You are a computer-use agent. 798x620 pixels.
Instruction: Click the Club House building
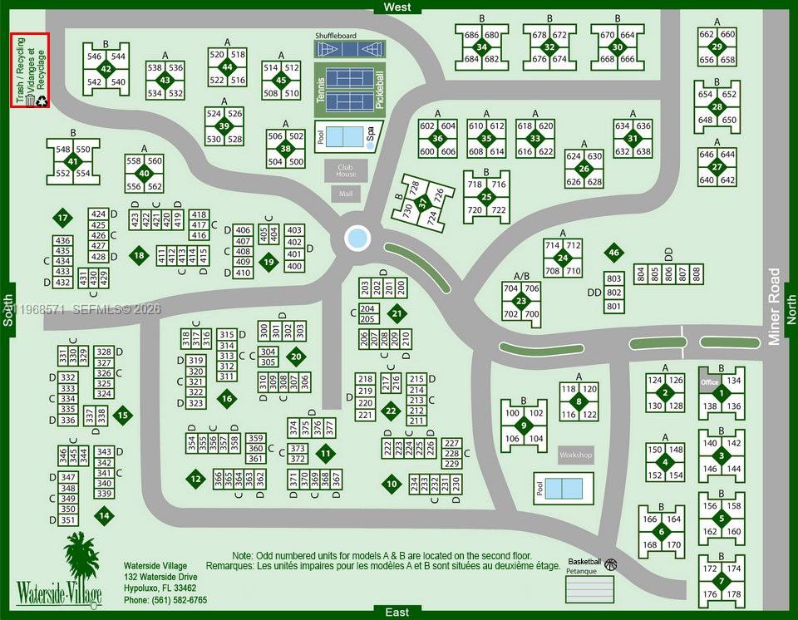tap(346, 170)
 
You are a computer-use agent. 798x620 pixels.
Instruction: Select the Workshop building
tap(575, 455)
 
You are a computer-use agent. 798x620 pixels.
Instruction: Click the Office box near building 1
tap(709, 382)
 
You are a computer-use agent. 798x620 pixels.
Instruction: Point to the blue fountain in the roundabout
tap(357, 239)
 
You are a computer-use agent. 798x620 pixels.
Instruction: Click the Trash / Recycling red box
tap(30, 71)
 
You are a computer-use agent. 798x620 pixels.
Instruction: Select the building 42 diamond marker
tap(106, 69)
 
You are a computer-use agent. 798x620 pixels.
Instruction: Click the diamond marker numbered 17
tap(63, 219)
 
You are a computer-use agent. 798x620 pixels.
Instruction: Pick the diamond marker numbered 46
tap(614, 253)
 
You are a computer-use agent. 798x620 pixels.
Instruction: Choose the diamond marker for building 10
tap(392, 483)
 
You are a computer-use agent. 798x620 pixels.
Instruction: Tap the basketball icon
tap(611, 564)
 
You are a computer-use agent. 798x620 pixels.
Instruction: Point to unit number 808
tap(697, 273)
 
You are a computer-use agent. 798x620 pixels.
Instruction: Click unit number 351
tap(68, 520)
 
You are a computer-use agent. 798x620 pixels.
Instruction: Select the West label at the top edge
tap(397, 7)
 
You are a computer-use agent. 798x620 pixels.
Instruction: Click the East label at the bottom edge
tap(397, 613)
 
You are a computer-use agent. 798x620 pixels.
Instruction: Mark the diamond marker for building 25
tap(486, 197)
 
